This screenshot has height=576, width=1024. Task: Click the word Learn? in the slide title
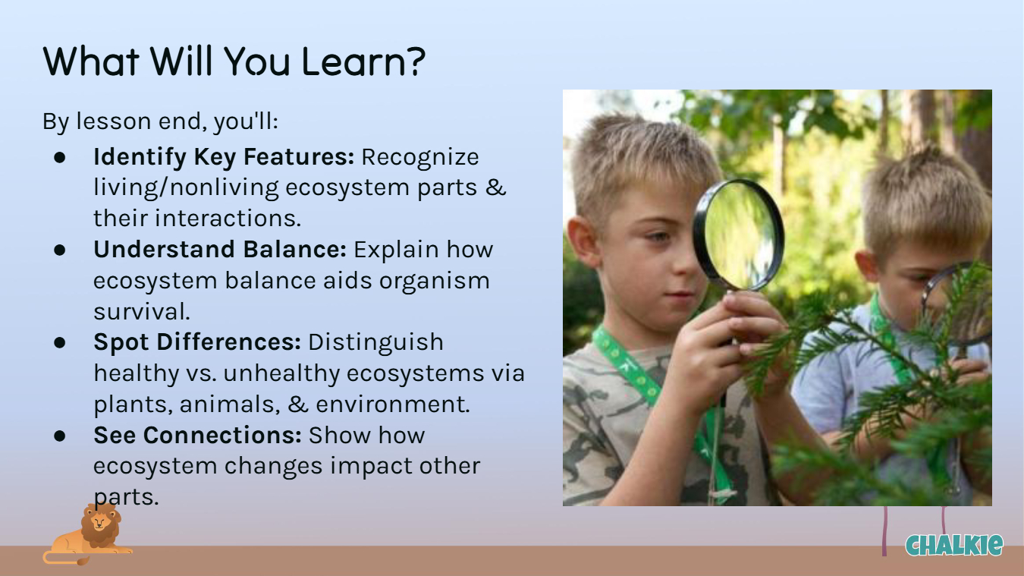point(363,61)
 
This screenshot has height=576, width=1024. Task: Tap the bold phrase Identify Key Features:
point(224,157)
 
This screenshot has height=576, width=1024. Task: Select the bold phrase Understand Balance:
point(220,250)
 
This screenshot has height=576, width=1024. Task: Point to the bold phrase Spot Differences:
point(197,343)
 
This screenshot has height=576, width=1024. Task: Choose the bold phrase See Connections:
point(197,435)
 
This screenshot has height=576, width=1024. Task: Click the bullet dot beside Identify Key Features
point(59,157)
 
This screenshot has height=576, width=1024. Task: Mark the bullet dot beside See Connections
point(59,436)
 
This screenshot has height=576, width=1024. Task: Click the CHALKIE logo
point(954,545)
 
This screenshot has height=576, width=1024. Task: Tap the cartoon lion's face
point(99,521)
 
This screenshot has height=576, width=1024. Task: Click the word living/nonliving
point(186,188)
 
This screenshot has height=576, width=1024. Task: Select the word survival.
point(142,312)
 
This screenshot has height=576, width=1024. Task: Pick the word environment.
point(393,404)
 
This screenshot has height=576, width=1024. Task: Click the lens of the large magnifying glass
point(739,234)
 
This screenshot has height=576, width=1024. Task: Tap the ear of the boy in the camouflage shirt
point(583,241)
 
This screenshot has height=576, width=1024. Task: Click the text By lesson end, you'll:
point(161,121)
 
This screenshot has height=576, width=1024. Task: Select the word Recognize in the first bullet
point(420,157)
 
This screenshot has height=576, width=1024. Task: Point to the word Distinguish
point(375,343)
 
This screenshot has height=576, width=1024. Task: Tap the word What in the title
point(91,61)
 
